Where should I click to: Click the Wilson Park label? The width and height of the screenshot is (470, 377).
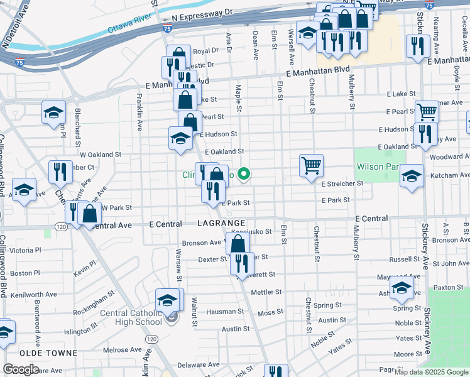pyautogui.click(x=378, y=167)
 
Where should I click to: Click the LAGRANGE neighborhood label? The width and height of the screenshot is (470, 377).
pyautogui.click(x=221, y=224)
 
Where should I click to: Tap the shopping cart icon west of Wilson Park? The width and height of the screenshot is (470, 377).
pyautogui.click(x=311, y=165)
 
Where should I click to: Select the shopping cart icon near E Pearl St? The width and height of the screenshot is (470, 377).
pyautogui.click(x=427, y=112)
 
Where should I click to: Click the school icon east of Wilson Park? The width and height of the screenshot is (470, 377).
pyautogui.click(x=412, y=175)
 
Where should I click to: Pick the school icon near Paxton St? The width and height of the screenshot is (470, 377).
pyautogui.click(x=402, y=288)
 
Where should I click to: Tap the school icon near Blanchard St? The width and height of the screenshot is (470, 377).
pyautogui.click(x=54, y=113)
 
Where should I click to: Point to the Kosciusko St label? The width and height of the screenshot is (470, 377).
pyautogui.click(x=254, y=231)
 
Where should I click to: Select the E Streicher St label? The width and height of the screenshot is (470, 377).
pyautogui.click(x=342, y=183)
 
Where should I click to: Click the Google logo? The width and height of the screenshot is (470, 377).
pyautogui.click(x=21, y=369)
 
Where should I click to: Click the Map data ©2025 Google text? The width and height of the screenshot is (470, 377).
pyautogui.click(x=430, y=372)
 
